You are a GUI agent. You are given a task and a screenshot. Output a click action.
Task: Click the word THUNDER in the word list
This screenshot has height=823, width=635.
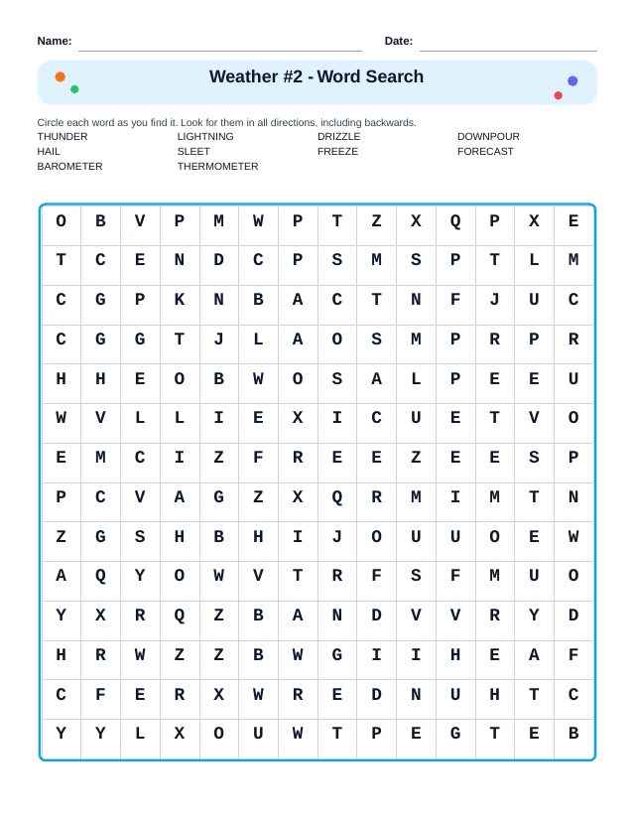pos(63,137)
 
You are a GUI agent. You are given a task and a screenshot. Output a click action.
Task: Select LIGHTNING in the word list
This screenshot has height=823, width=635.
pos(205,137)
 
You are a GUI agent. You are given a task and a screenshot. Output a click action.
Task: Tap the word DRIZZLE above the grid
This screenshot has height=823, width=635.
pos(339,137)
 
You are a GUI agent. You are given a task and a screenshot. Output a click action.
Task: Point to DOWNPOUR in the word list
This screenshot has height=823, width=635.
pos(488,137)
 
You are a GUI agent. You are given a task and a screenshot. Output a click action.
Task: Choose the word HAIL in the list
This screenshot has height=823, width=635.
pos(49,152)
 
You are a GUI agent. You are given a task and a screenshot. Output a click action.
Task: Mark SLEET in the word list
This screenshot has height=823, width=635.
pos(193,152)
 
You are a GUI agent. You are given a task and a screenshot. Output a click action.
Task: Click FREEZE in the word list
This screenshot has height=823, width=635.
pos(337,152)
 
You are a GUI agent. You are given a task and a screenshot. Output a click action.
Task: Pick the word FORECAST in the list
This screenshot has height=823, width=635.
pos(485,152)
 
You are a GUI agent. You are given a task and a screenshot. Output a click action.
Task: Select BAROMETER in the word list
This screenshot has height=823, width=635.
pos(69,167)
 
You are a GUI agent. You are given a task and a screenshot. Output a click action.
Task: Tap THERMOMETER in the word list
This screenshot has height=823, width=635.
pos(217,167)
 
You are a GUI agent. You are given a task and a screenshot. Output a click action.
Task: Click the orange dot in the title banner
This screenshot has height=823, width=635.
pos(61,76)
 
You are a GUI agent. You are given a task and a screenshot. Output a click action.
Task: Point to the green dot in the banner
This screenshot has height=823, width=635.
pos(74,89)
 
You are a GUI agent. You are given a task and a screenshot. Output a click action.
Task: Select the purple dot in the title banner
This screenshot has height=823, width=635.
pos(572,81)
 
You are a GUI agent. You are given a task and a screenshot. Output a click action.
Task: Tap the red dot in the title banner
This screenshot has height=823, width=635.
pos(558,95)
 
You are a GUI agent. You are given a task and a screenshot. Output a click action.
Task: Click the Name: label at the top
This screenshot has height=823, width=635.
pos(55,41)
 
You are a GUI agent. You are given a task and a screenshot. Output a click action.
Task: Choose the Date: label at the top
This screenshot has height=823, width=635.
pos(399,41)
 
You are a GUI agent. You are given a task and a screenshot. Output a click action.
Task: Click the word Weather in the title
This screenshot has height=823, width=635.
pos(244,77)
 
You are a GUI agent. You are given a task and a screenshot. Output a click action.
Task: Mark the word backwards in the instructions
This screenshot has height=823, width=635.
pos(391,123)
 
